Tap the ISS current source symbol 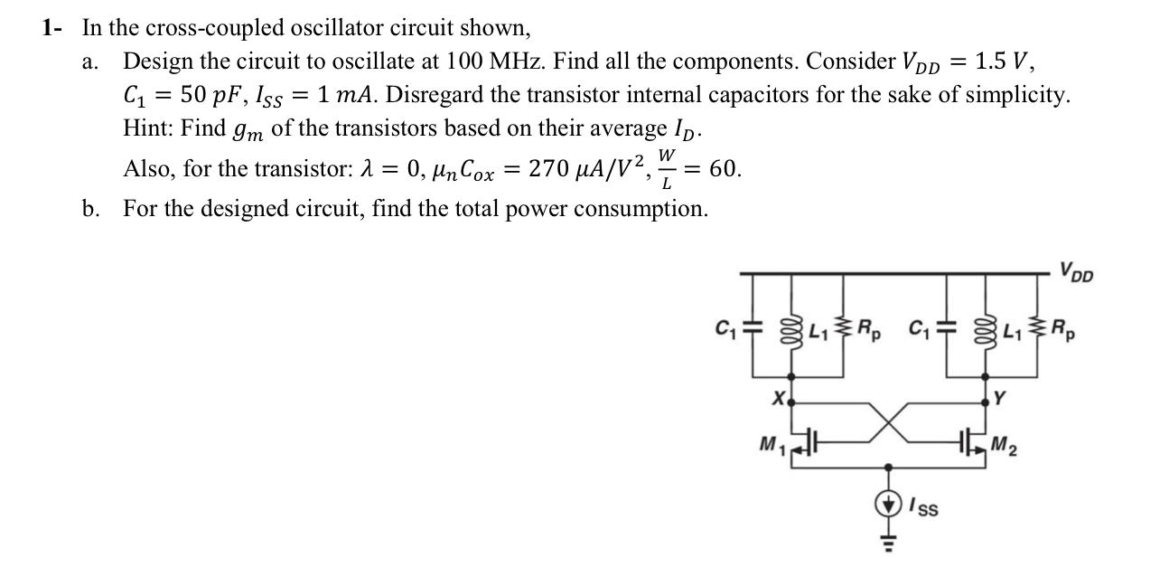click(890, 504)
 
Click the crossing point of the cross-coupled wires click(890, 421)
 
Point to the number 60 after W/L click(725, 168)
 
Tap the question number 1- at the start click(52, 27)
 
